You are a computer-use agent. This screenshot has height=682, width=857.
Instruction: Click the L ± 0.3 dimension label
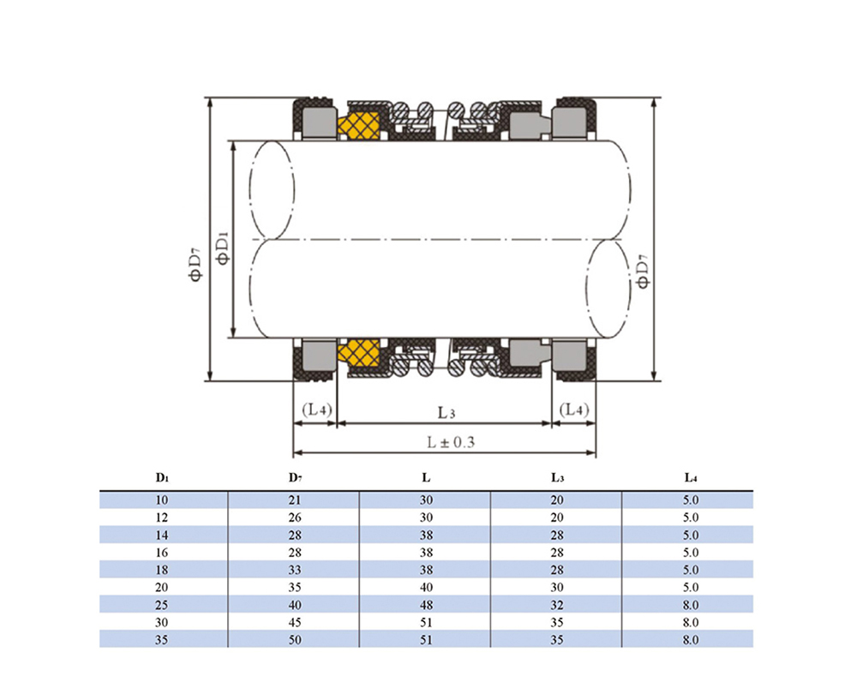click(x=451, y=442)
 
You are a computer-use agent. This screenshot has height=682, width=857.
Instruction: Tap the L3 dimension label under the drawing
click(x=446, y=413)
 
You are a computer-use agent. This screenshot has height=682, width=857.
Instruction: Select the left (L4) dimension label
click(x=317, y=410)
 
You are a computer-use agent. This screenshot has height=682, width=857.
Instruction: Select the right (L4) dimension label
click(x=574, y=410)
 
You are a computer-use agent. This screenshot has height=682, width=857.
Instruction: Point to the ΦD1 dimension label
click(x=223, y=248)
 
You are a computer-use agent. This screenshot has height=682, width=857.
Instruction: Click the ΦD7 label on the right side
click(x=643, y=271)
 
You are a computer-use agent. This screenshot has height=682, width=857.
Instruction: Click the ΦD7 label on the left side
click(x=195, y=265)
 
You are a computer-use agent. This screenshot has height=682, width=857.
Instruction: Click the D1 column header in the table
click(x=162, y=478)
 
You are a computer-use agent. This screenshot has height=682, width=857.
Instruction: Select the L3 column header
click(x=557, y=478)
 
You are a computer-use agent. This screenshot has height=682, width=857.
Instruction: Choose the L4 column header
click(x=691, y=478)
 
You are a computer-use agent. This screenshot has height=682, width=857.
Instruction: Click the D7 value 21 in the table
click(x=295, y=500)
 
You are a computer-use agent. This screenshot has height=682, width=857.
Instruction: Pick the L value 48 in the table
click(x=426, y=605)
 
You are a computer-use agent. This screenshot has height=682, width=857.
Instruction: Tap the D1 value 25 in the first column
click(x=162, y=605)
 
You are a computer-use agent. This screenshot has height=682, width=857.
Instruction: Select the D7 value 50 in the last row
click(x=295, y=640)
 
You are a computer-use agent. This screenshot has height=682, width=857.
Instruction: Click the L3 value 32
click(x=557, y=605)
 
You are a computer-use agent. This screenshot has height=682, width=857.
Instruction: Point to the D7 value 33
click(x=295, y=570)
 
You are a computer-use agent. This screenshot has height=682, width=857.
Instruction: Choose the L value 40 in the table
click(x=426, y=588)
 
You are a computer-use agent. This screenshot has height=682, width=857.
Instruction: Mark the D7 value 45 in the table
click(x=295, y=622)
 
